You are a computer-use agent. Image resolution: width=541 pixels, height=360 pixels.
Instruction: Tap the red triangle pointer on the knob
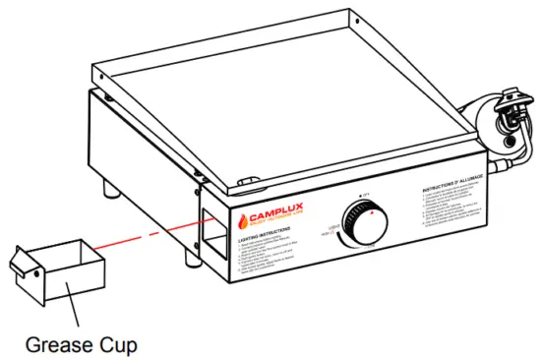(371, 210)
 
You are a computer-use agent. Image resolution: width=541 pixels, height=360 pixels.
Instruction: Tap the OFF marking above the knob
(368, 195)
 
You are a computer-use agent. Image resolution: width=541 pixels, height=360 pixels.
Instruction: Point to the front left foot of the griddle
(116, 189)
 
